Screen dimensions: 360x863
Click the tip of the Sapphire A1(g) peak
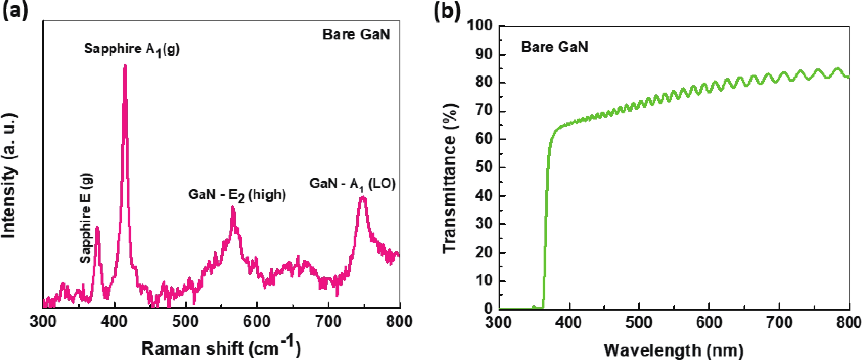(x=125, y=65)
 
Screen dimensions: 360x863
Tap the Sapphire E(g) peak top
(x=97, y=227)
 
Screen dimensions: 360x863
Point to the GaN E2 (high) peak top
(x=233, y=207)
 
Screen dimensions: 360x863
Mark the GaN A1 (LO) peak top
(x=362, y=197)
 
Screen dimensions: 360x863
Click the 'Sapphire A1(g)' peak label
(x=132, y=49)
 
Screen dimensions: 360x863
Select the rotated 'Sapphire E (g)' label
(x=86, y=218)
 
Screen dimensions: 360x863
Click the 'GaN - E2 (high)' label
(x=237, y=195)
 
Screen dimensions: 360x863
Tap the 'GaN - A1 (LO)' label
(x=352, y=184)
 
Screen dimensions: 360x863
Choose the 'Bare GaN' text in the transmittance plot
(x=554, y=47)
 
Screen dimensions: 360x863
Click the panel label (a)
(x=15, y=11)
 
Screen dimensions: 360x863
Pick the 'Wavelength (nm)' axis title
(x=673, y=350)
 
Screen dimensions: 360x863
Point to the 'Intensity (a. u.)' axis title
(x=9, y=176)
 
